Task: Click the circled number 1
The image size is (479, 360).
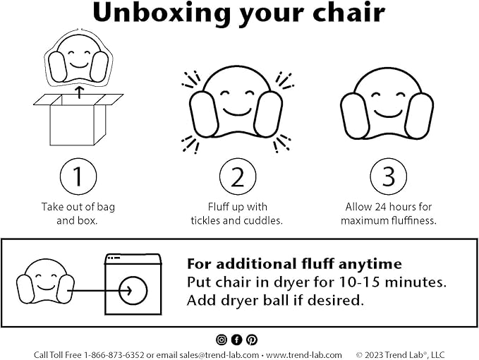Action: point(78,176)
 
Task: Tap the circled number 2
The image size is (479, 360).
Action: point(237,176)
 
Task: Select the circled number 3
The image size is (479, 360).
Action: point(388,176)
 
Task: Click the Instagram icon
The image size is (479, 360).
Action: point(222,340)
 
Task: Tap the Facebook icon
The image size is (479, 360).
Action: point(236,340)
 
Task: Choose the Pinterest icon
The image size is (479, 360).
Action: point(252,340)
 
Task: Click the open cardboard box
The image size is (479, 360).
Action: point(78,119)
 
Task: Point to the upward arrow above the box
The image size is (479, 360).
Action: point(80,92)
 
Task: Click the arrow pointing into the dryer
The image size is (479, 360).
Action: point(99,291)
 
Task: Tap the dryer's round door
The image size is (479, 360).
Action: point(133,291)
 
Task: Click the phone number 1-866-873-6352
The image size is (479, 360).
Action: point(114,355)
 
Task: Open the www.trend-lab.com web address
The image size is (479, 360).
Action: point(303,355)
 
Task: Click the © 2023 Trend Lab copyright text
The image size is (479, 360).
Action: point(400,355)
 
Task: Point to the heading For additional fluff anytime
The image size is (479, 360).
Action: point(294,264)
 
